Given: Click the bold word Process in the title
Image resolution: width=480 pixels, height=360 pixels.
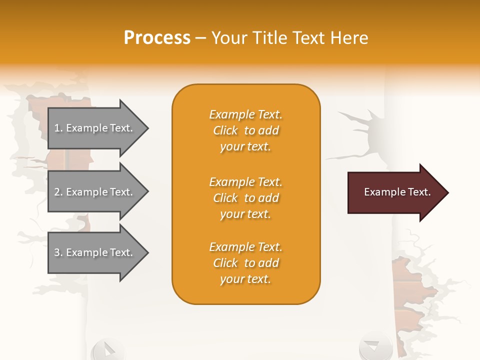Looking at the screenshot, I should [157, 38].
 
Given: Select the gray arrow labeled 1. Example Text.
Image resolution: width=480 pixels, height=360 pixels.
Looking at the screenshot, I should [95, 128].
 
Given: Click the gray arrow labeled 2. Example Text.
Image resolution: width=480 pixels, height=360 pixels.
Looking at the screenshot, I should [95, 192].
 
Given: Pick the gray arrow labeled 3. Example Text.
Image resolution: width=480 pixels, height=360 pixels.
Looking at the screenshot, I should [95, 252].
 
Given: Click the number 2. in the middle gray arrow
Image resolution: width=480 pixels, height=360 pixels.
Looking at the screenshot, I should [58, 192].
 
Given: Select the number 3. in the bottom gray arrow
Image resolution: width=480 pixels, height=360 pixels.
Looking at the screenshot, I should [58, 252].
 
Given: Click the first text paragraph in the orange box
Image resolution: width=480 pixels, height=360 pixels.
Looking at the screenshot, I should [245, 130].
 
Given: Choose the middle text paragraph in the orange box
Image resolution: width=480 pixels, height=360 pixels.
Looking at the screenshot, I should [245, 198].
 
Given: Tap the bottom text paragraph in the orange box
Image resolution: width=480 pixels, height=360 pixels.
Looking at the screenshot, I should [245, 263].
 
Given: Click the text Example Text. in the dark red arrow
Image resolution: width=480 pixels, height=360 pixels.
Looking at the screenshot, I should [397, 192].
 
